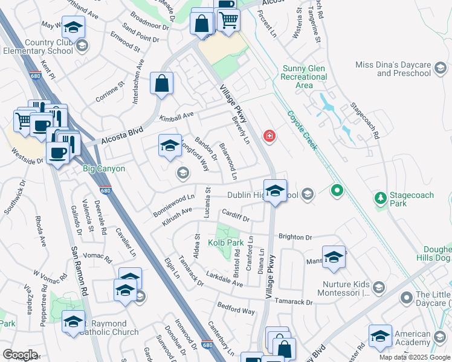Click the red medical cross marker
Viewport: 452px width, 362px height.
(x=270, y=136)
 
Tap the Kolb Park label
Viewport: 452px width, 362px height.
(x=225, y=243)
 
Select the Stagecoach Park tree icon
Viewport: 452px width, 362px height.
(x=380, y=198)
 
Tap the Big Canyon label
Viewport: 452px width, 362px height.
(x=103, y=168)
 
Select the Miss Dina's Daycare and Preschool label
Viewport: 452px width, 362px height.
(x=403, y=69)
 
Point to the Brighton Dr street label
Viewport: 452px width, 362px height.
(x=295, y=238)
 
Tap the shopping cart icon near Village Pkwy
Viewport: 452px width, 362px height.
(x=228, y=19)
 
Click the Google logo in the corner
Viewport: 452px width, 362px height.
(x=20, y=355)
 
